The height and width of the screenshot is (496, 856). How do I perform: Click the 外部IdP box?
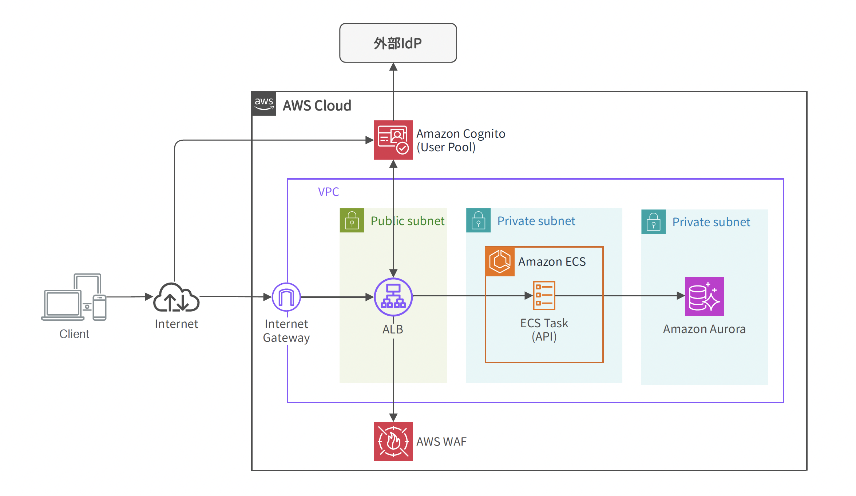click(x=398, y=43)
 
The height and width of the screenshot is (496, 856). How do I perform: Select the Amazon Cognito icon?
click(x=393, y=140)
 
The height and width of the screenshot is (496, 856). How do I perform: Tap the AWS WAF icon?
click(x=393, y=441)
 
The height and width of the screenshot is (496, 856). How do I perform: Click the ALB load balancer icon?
click(x=393, y=297)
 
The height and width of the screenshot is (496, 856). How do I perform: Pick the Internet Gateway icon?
click(x=286, y=297)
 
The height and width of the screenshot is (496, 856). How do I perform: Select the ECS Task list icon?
click(x=544, y=295)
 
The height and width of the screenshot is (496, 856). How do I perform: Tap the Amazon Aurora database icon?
click(x=704, y=296)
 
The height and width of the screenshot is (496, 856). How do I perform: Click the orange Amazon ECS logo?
click(x=500, y=261)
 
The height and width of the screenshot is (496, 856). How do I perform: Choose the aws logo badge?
click(x=264, y=104)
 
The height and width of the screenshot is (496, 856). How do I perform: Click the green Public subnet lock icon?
click(x=352, y=220)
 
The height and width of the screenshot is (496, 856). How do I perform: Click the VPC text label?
click(x=328, y=192)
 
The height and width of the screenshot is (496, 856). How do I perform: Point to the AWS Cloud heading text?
click(x=317, y=105)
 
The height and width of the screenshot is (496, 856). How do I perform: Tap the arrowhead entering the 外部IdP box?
click(x=393, y=67)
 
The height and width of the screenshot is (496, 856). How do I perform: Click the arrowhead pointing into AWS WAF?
click(x=393, y=417)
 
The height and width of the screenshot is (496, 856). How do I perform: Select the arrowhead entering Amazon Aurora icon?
click(x=680, y=296)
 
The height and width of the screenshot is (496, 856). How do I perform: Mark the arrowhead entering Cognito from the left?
click(x=369, y=140)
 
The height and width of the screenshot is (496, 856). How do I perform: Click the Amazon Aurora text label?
click(x=704, y=329)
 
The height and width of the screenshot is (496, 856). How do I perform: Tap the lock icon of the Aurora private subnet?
click(x=653, y=221)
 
